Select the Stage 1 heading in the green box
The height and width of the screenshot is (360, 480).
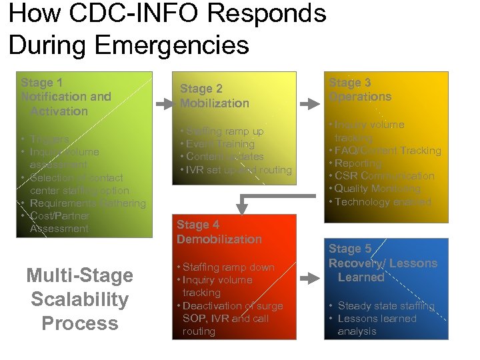(65, 97)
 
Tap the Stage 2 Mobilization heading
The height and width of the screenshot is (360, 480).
(214, 96)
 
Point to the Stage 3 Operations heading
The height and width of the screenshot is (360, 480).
(360, 89)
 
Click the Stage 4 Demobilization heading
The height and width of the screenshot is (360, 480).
(219, 232)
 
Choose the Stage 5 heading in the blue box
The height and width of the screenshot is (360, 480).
(382, 263)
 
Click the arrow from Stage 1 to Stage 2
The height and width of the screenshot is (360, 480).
(163, 104)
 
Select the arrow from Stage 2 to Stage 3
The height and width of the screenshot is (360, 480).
(309, 104)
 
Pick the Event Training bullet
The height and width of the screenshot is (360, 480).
(220, 144)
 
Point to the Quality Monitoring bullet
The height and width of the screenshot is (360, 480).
(377, 189)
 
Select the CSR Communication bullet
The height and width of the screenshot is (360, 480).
(384, 176)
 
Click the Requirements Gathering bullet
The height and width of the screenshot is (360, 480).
(87, 203)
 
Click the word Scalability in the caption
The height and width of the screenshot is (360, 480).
(79, 299)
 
